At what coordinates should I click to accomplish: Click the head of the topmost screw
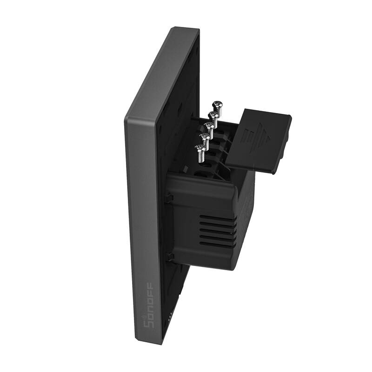coord(216,105)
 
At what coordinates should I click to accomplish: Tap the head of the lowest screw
coord(200,148)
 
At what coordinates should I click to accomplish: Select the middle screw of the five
coord(209,126)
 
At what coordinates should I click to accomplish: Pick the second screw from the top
coord(213,115)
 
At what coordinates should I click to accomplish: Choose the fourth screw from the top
coord(205,137)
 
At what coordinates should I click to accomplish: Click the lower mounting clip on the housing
coord(170,256)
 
